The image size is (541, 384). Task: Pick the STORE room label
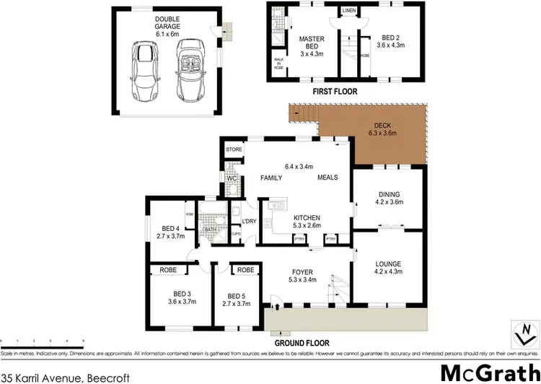(234, 149)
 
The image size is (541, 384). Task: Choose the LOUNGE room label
(388, 264)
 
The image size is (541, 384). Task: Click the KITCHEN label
(306, 217)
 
